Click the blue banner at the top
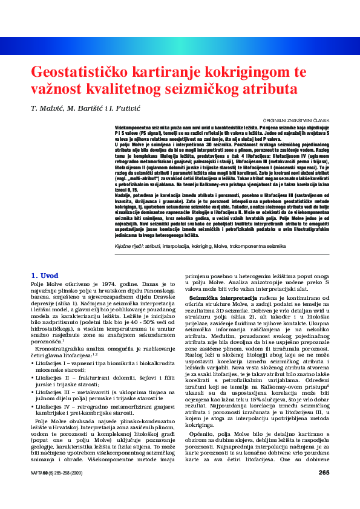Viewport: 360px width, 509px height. tap(180, 45)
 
